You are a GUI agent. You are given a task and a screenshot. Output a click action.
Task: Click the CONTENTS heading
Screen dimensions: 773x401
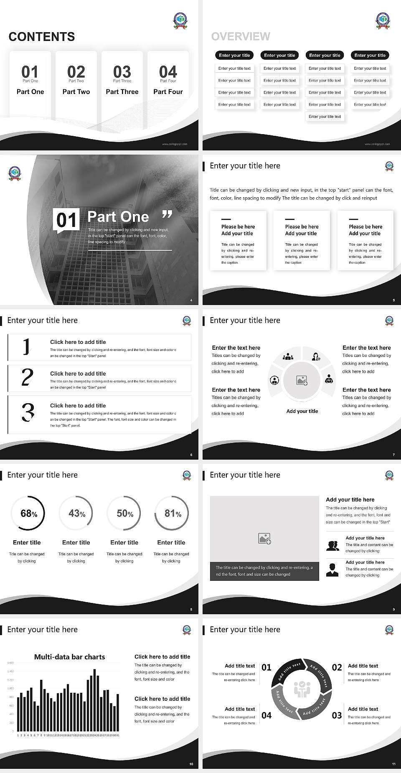click(42, 37)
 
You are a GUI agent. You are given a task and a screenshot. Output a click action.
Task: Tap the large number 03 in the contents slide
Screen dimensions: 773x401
click(122, 71)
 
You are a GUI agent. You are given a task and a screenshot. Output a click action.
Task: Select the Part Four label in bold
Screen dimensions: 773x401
click(168, 92)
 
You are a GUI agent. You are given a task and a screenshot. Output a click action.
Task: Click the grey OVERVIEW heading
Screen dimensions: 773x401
click(241, 36)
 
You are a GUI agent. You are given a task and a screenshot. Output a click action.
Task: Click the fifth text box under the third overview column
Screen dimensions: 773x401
click(325, 117)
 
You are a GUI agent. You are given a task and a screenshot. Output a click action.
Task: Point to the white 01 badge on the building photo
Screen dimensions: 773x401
click(66, 220)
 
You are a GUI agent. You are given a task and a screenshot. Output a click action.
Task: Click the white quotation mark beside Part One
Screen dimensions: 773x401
click(167, 215)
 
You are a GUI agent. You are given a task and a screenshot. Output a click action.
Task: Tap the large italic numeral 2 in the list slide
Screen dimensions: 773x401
click(27, 378)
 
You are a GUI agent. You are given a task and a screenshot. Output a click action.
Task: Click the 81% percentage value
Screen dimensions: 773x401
click(173, 513)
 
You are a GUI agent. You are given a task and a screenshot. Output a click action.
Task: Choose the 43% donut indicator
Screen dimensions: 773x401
click(76, 513)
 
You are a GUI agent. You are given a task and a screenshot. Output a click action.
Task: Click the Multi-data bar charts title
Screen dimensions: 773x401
click(69, 657)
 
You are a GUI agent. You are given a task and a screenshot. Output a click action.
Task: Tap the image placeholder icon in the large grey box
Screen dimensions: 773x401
click(264, 539)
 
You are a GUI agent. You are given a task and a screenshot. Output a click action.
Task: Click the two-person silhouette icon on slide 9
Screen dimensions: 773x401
click(332, 546)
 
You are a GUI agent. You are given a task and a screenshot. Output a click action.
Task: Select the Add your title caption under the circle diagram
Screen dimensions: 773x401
click(302, 411)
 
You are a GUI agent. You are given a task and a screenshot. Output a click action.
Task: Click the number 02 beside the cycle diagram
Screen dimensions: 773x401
click(337, 667)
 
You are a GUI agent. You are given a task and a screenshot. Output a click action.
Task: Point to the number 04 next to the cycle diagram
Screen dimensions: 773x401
click(266, 715)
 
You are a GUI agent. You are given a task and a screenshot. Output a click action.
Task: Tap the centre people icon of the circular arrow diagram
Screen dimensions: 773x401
click(302, 689)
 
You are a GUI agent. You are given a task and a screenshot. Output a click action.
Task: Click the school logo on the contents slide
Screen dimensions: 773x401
click(180, 20)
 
